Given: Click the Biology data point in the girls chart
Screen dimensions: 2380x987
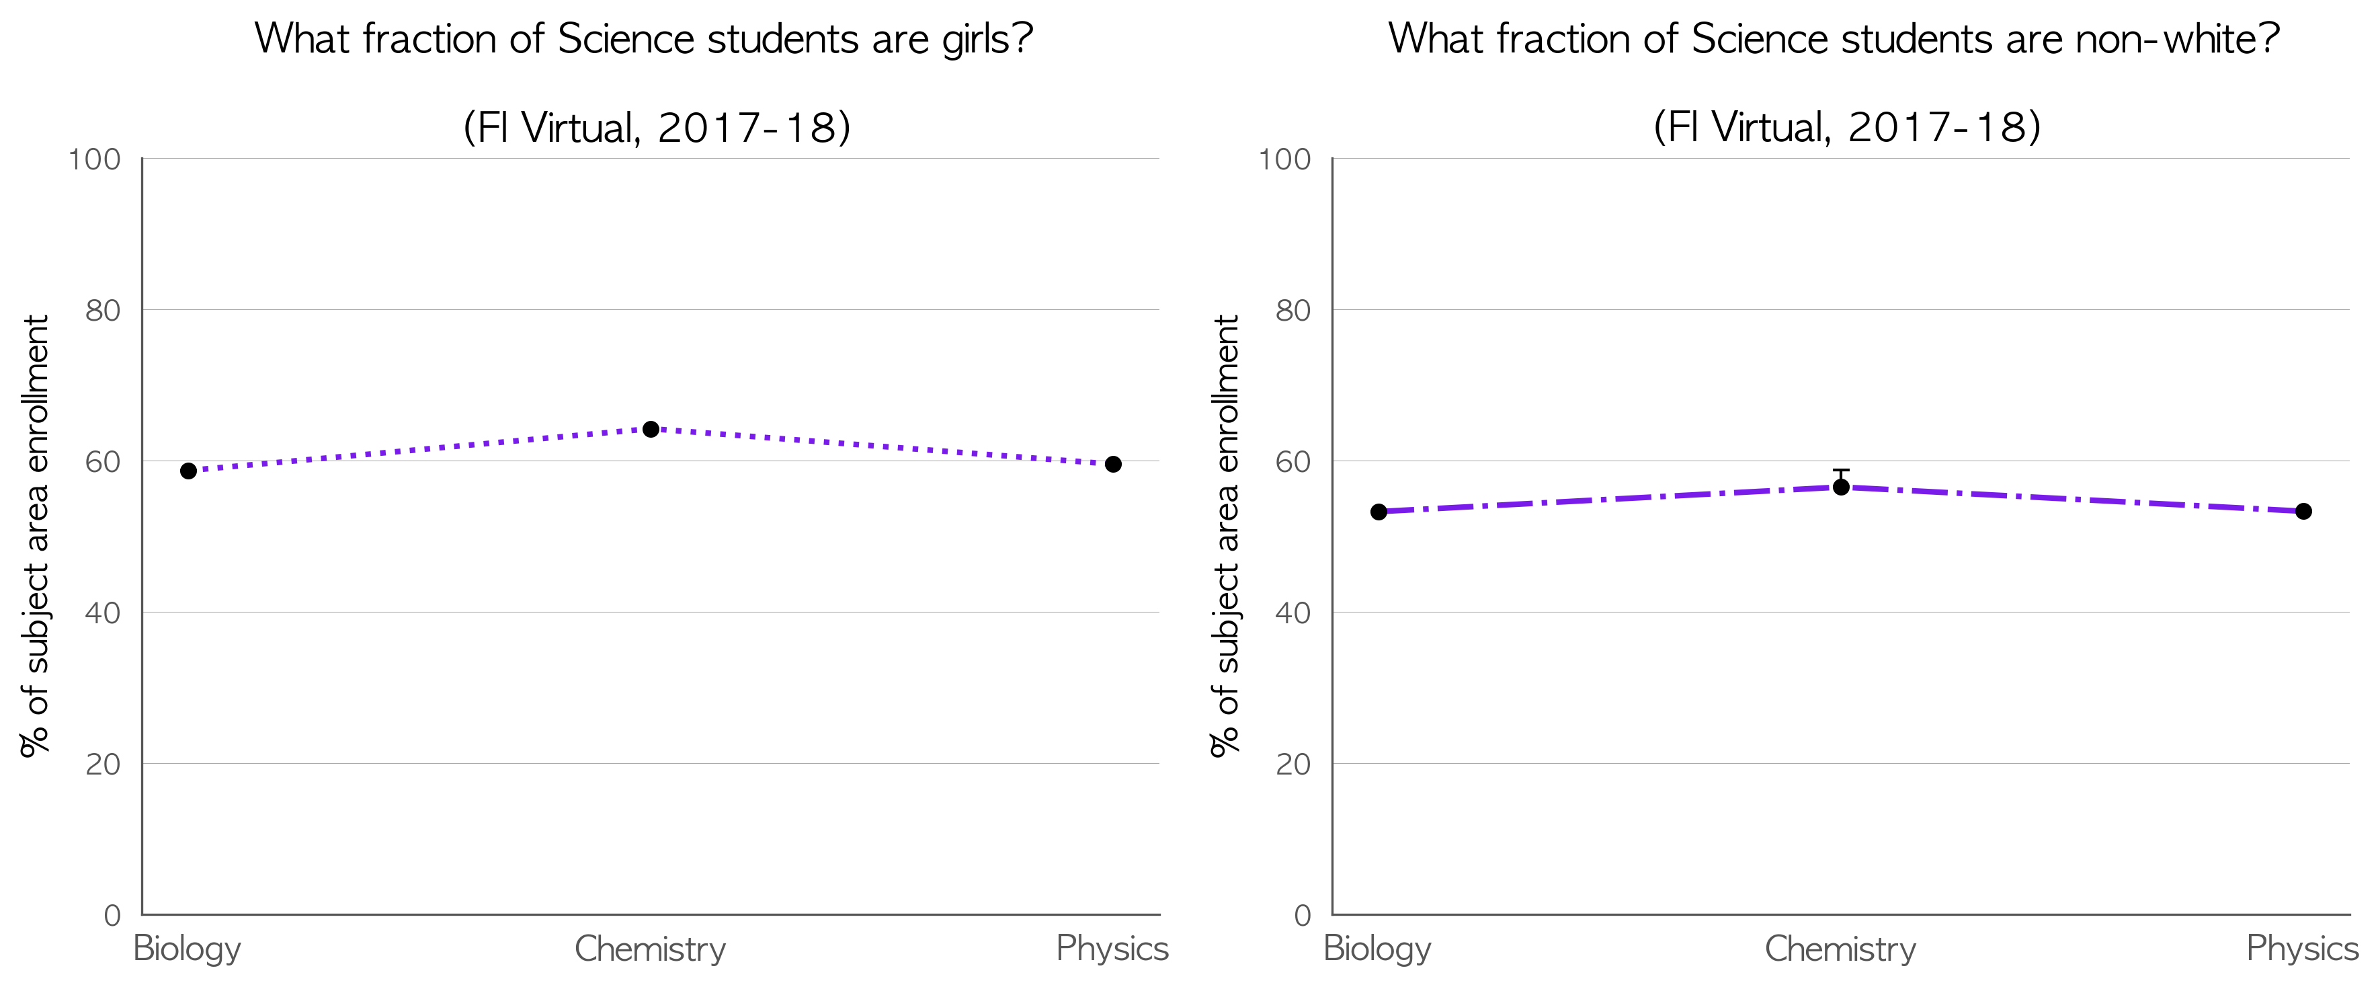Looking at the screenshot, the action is click(188, 471).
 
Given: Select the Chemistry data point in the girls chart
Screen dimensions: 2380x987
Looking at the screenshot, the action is click(651, 429).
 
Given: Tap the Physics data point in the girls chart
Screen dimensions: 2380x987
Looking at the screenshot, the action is click(1113, 464).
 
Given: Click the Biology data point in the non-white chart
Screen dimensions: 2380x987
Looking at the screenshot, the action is click(1379, 512).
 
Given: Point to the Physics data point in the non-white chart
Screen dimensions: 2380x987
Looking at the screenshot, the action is click(2303, 511).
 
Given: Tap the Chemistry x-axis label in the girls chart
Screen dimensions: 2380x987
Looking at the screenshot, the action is click(651, 949).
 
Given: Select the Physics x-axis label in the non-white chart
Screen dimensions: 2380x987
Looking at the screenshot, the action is click(2303, 949).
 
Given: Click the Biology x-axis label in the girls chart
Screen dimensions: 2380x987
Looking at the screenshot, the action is click(188, 949).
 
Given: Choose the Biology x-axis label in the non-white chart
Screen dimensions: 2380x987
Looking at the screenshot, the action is click(1378, 949).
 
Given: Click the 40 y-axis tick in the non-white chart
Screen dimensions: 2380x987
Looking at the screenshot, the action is click(1293, 613).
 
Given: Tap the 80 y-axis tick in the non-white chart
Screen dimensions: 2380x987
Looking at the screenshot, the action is click(1293, 311).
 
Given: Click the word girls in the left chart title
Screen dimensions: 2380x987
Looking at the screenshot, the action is click(977, 40).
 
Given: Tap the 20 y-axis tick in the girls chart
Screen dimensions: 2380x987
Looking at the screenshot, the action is click(104, 764).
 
